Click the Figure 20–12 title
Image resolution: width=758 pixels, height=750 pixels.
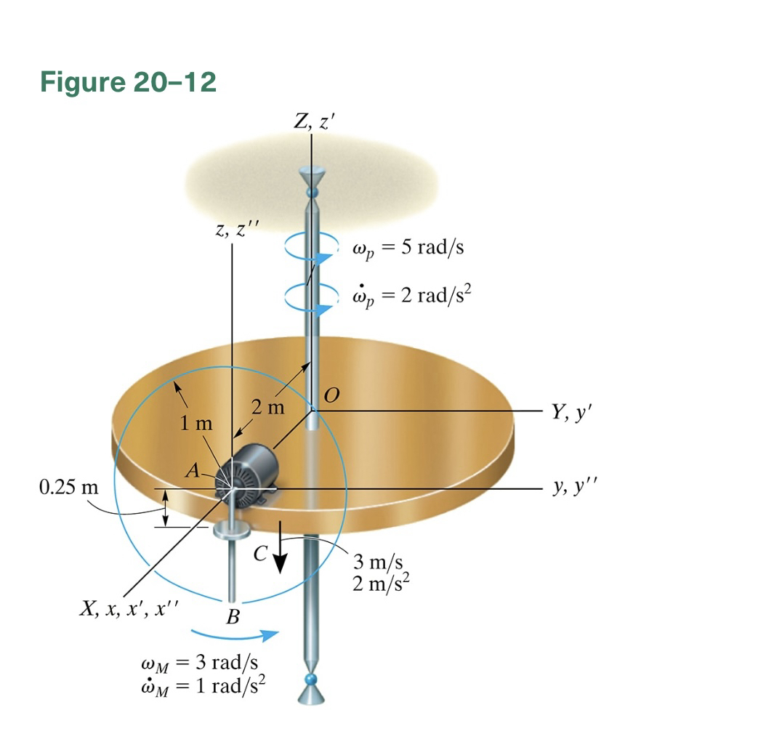[x=129, y=82]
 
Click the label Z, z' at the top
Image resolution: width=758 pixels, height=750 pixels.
[x=313, y=122]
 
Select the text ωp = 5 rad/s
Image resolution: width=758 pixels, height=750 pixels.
[x=408, y=249]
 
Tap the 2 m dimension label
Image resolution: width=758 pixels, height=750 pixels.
[x=268, y=407]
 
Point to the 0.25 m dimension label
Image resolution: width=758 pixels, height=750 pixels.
[x=68, y=486]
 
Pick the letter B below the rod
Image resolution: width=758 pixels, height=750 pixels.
[x=233, y=618]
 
